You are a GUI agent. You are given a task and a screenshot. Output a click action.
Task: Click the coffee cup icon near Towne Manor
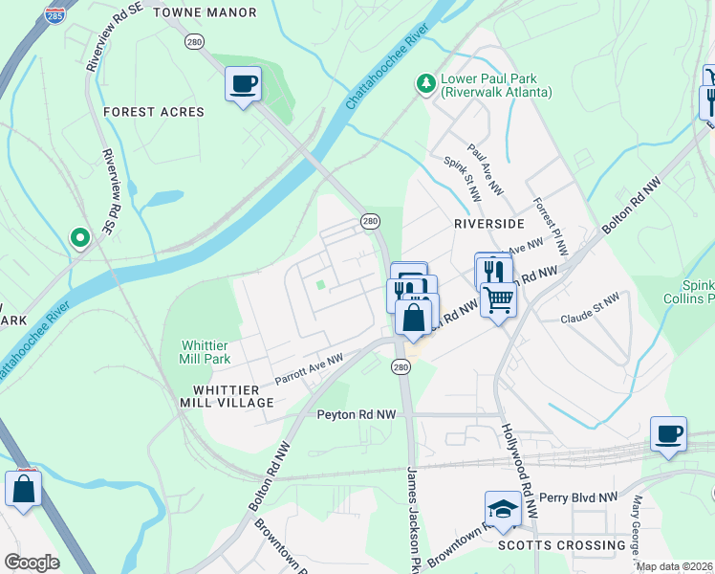point(243,83)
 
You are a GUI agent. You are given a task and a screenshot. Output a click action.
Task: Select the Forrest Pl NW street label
point(550,226)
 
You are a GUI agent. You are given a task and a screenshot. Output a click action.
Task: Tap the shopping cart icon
point(498,300)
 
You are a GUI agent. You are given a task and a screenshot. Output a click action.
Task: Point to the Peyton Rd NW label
point(356,415)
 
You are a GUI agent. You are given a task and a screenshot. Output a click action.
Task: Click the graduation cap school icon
point(503,508)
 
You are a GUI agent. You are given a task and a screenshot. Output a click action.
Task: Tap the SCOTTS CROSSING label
point(562,545)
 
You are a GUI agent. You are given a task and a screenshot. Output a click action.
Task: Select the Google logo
point(32,563)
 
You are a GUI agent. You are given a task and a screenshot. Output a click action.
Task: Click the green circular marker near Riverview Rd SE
point(80,237)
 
